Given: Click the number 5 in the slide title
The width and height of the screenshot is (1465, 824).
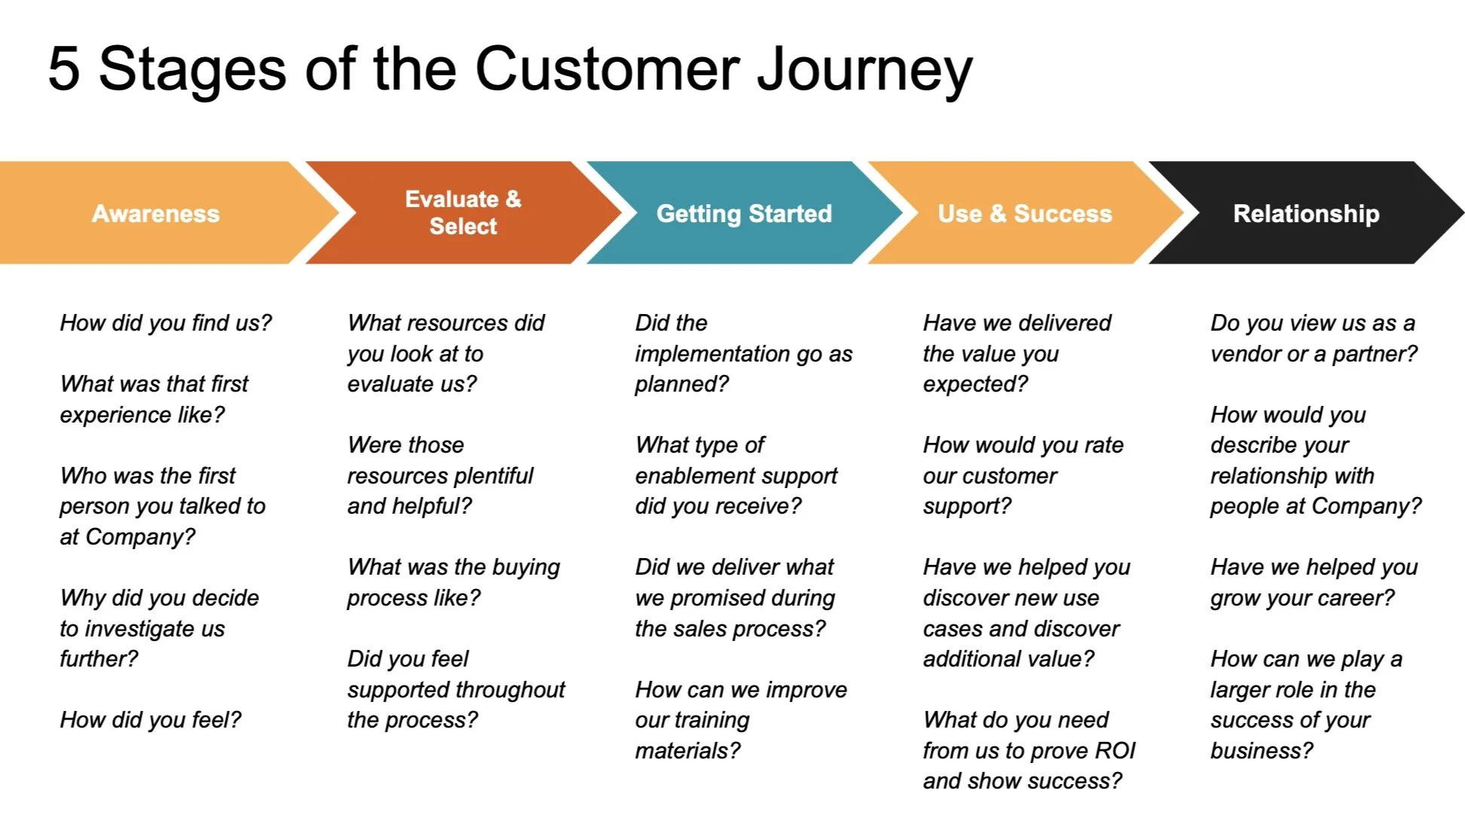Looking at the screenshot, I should click(x=64, y=69).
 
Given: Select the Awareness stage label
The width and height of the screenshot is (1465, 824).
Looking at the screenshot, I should click(x=156, y=214).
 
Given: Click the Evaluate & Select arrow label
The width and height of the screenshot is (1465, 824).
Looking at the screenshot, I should click(x=463, y=212).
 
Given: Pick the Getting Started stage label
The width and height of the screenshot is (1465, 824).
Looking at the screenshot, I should click(x=744, y=214).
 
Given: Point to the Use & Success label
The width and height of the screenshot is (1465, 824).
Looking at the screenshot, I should click(x=1024, y=214).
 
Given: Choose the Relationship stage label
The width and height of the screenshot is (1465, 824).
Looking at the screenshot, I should click(x=1306, y=214).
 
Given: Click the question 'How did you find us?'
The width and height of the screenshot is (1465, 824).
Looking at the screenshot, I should click(x=166, y=323).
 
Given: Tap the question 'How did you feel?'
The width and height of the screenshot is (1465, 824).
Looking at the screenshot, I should click(x=151, y=720).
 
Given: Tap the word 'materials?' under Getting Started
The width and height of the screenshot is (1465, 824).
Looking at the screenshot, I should click(x=687, y=751).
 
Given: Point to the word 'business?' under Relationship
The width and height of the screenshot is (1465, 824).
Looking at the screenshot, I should click(x=1262, y=751).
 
